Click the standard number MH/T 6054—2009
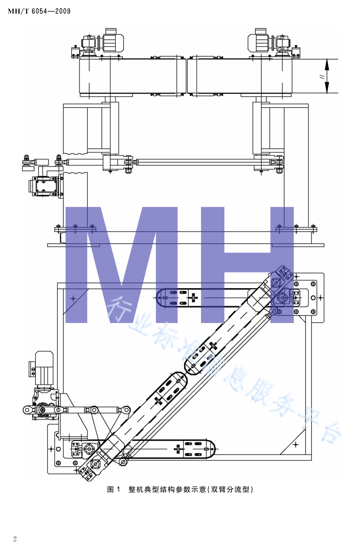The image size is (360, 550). pyautogui.click(x=39, y=11)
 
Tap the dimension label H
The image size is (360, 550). pyautogui.click(x=322, y=77)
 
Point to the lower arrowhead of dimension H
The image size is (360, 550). pyautogui.click(x=327, y=88)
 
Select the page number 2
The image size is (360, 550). pyautogui.click(x=15, y=539)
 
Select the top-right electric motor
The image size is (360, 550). pyautogui.click(x=258, y=41)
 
